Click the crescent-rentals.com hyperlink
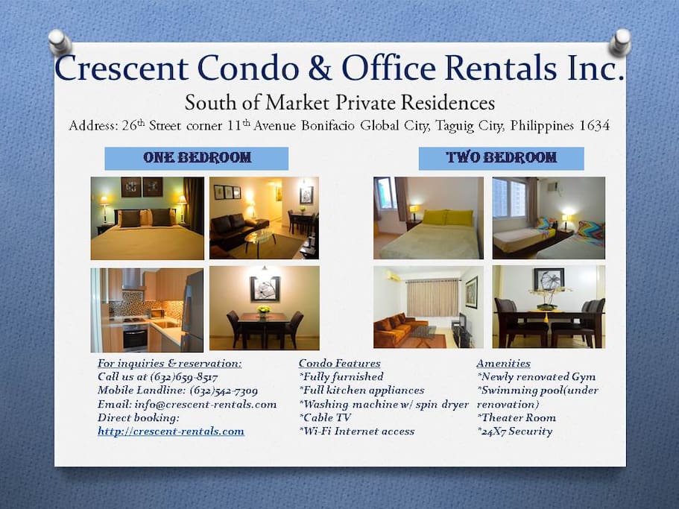[x=171, y=431]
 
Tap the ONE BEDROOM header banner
[x=197, y=159]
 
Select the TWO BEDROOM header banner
[x=501, y=159]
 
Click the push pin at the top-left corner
[x=60, y=42]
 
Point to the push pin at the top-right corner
[x=620, y=42]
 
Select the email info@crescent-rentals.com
[x=205, y=404]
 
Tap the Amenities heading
[x=503, y=364]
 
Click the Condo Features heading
[x=340, y=364]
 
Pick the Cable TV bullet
[x=325, y=417]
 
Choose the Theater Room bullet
[x=517, y=417]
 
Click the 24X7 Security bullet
[x=515, y=431]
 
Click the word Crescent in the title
[x=121, y=68]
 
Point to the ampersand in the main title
[x=320, y=68]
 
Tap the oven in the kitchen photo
[x=135, y=338]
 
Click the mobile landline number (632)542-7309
[x=224, y=391]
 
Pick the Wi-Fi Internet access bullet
[x=356, y=431]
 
